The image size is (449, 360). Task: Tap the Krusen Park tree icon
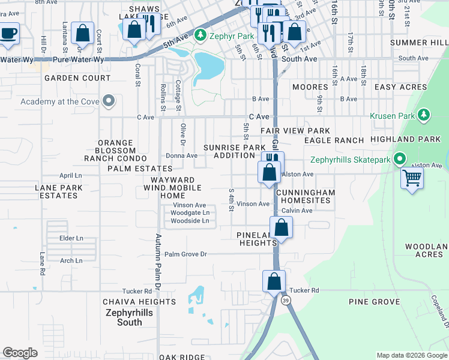(x=424, y=114)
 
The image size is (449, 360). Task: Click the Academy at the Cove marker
(x=109, y=101)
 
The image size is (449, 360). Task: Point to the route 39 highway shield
(x=287, y=300)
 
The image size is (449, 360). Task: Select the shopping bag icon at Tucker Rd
(x=274, y=281)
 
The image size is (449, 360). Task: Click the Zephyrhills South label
(x=129, y=317)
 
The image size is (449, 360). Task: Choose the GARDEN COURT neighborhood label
(x=77, y=78)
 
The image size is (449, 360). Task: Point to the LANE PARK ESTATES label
(x=58, y=191)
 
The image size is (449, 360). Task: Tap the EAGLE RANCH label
(x=334, y=140)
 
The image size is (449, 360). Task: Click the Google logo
(x=20, y=353)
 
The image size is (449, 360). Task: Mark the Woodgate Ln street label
(x=190, y=212)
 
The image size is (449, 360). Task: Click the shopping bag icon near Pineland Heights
(x=280, y=227)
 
